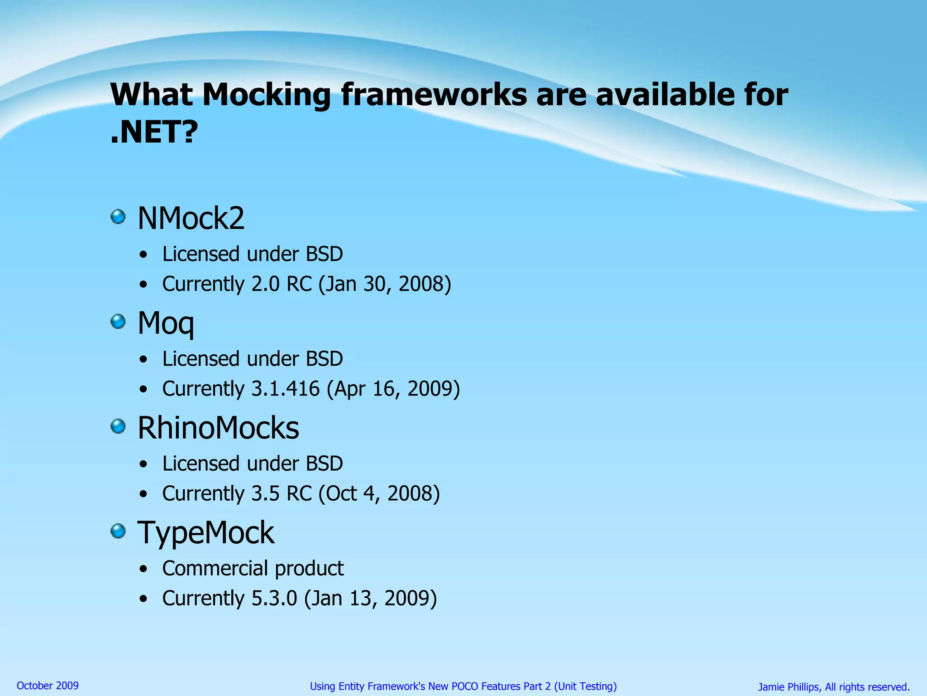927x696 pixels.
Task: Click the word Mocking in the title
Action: click(266, 95)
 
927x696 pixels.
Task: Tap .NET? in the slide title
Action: click(154, 132)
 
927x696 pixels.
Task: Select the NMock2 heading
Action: click(191, 218)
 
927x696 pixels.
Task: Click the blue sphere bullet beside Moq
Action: click(118, 322)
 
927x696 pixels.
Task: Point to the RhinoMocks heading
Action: click(218, 428)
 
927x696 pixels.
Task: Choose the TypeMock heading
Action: click(206, 532)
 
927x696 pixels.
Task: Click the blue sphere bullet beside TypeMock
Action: click(118, 531)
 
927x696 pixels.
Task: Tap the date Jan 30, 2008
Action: click(385, 284)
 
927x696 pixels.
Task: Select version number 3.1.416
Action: click(285, 389)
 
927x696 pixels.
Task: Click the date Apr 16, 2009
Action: click(393, 389)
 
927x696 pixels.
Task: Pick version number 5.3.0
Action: click(274, 598)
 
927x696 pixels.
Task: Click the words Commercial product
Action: click(253, 568)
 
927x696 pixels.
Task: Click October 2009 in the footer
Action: click(48, 686)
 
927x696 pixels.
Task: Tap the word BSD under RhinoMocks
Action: click(324, 464)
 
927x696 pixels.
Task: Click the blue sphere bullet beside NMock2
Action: click(118, 217)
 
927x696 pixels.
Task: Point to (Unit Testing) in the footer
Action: click(585, 686)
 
